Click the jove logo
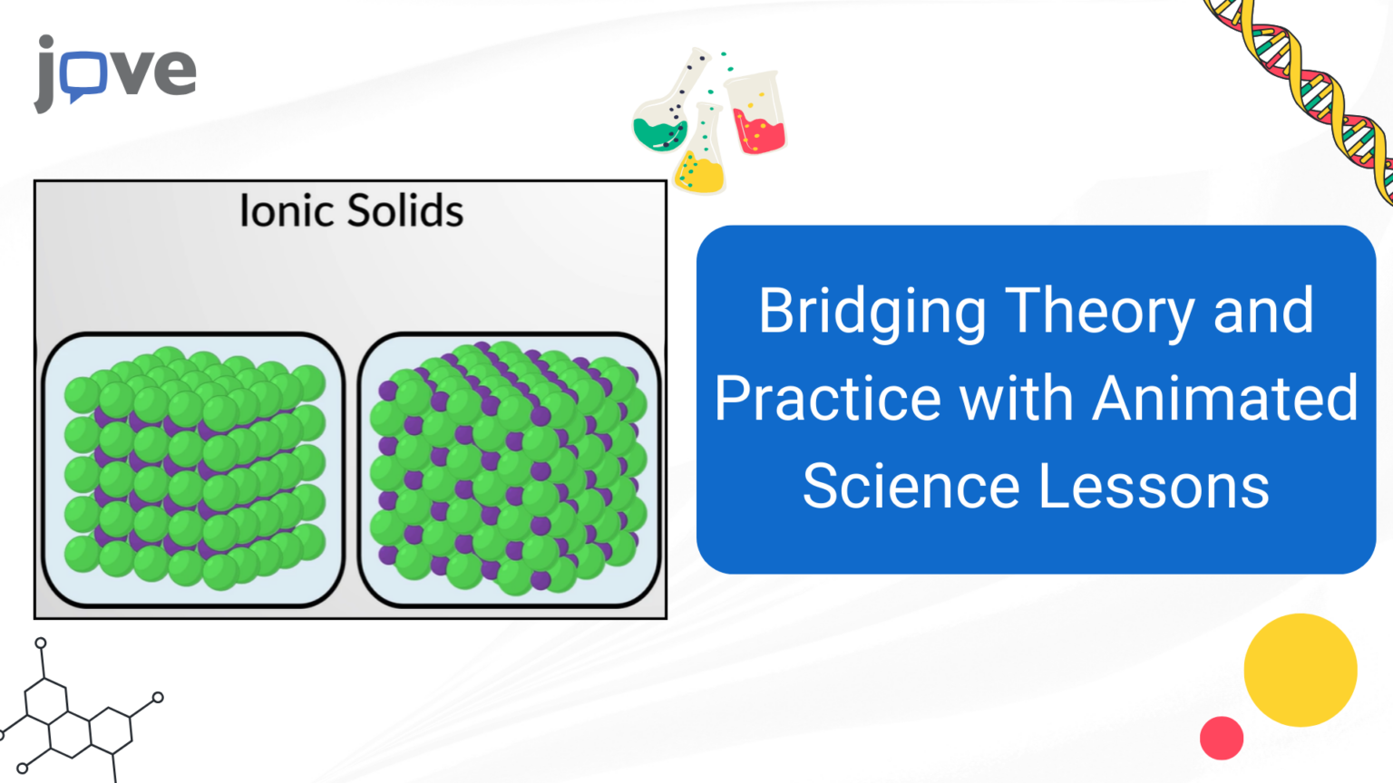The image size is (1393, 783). [115, 72]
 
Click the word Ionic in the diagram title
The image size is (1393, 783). [286, 211]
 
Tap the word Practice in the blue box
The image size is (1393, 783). [828, 400]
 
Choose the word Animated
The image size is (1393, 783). [1224, 398]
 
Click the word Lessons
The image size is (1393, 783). [1153, 486]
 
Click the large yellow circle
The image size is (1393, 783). [1300, 670]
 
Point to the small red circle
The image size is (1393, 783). [1221, 738]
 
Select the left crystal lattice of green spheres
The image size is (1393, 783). [194, 469]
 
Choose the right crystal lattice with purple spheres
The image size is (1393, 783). [509, 469]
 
